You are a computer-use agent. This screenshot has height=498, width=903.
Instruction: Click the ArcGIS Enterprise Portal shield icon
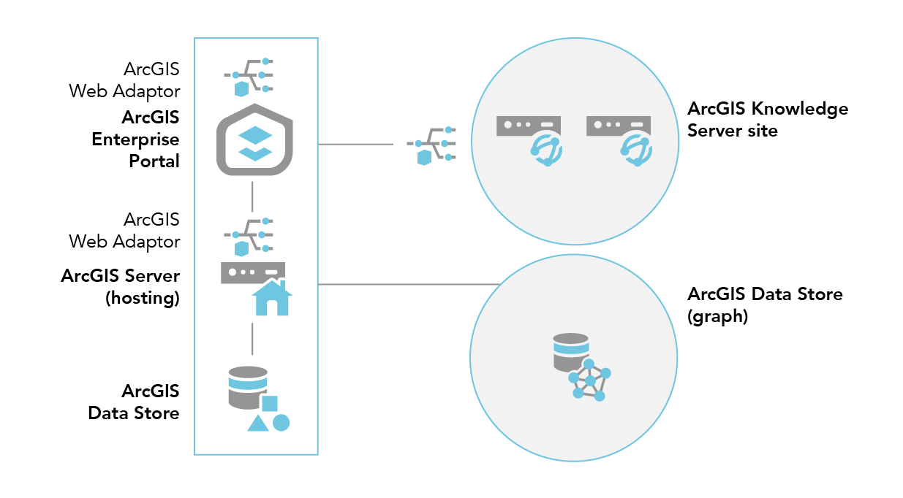[252, 139]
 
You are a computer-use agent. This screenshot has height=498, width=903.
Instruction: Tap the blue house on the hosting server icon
[271, 298]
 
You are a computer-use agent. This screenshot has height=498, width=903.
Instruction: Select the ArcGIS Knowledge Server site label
[767, 120]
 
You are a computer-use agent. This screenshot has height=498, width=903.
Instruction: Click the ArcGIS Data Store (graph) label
[765, 305]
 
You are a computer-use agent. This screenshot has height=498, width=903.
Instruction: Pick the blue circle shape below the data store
[282, 422]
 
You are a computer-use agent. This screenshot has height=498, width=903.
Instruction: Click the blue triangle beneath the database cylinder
[257, 423]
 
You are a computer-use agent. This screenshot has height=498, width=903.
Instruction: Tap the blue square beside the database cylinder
[270, 403]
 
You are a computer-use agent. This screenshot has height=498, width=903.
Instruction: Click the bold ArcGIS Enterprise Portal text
[136, 139]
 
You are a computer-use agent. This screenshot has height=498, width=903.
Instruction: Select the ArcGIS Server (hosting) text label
[121, 286]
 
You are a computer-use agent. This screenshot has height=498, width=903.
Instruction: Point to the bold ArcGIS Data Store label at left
[134, 402]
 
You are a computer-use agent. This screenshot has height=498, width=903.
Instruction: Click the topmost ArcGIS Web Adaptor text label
[124, 80]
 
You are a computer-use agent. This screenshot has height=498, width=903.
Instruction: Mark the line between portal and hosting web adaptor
[252, 196]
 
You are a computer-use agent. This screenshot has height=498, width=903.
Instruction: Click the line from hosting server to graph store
[409, 284]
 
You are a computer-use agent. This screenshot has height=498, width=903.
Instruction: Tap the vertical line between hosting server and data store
[252, 338]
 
